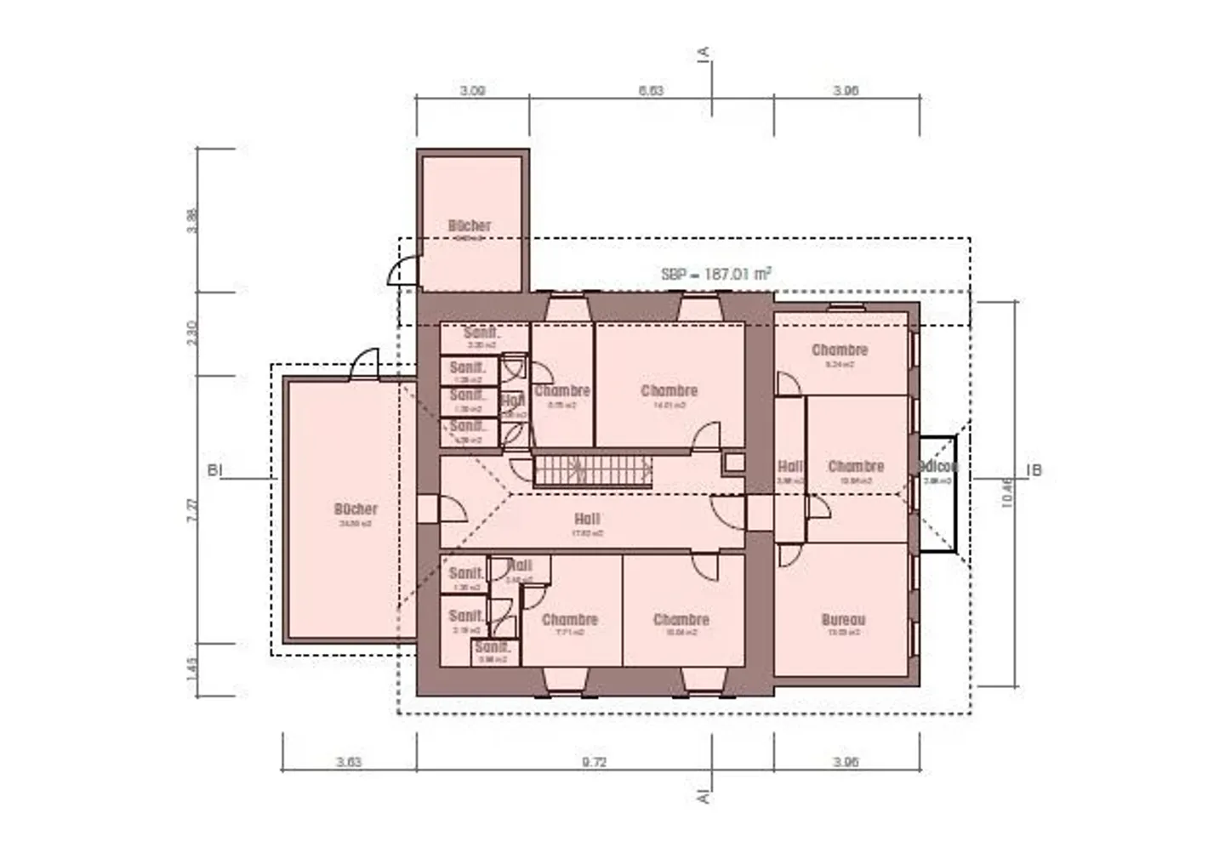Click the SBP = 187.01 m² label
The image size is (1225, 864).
(716, 274)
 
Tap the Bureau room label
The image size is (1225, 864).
(843, 621)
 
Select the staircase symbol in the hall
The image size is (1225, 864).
(592, 470)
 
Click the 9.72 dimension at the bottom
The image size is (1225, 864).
(594, 762)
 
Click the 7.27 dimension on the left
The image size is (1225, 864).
(193, 509)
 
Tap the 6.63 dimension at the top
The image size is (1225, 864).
(651, 90)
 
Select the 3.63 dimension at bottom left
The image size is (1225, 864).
(349, 762)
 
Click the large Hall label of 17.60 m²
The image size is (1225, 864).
(587, 520)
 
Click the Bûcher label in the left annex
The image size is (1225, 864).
(356, 509)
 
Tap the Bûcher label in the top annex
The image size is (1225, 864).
(470, 226)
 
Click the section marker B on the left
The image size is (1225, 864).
(214, 470)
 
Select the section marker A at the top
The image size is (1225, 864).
(704, 53)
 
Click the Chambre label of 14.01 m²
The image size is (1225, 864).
(669, 391)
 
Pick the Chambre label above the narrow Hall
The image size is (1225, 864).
(839, 350)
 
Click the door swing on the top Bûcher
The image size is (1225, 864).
(403, 270)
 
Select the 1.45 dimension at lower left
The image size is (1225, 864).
(192, 669)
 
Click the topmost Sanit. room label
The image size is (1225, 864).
(481, 333)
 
